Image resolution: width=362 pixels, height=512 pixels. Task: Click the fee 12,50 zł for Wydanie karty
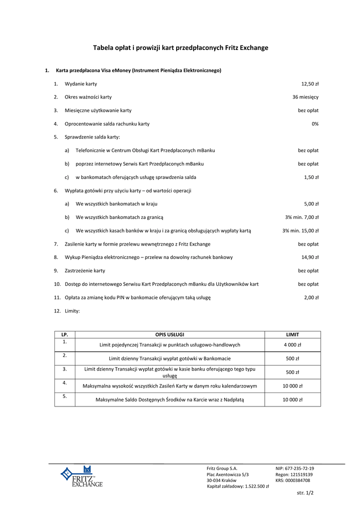pyautogui.click(x=310, y=83)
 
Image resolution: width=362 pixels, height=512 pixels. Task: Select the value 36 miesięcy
pyautogui.click(x=305, y=97)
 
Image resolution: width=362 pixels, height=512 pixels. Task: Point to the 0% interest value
pyautogui.click(x=315, y=123)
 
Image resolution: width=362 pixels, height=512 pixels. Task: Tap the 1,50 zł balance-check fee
pyautogui.click(x=311, y=177)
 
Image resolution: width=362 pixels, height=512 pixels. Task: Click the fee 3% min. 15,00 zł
pyautogui.click(x=300, y=230)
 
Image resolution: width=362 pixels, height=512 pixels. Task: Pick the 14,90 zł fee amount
pyautogui.click(x=310, y=257)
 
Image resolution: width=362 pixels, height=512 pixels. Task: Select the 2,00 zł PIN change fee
pyautogui.click(x=311, y=297)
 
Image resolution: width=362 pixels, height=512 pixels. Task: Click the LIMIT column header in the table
pyautogui.click(x=292, y=334)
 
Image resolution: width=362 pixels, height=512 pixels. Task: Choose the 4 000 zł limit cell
pyautogui.click(x=292, y=345)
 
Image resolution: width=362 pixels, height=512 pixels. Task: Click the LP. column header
pyautogui.click(x=64, y=334)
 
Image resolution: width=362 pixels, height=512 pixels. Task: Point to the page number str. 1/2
pyautogui.click(x=305, y=492)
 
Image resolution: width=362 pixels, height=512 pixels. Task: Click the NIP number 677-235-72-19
pyautogui.click(x=295, y=468)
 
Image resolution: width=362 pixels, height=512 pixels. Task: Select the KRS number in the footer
pyautogui.click(x=293, y=480)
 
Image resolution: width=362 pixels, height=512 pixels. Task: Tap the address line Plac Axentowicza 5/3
pyautogui.click(x=228, y=474)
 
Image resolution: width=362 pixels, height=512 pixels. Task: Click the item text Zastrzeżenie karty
pyautogui.click(x=85, y=270)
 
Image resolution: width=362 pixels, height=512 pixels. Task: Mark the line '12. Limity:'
pyautogui.click(x=67, y=311)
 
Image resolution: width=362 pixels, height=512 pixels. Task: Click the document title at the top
pyautogui.click(x=181, y=48)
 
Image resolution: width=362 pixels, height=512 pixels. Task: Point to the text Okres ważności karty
pyautogui.click(x=88, y=97)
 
